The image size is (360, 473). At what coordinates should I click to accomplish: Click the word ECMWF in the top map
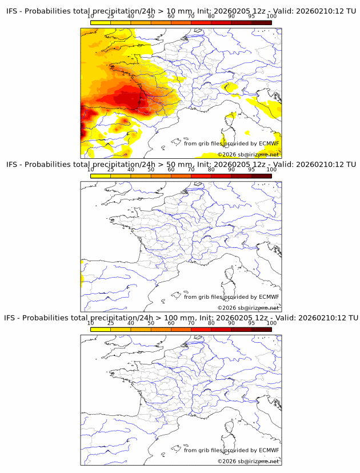point(269,143)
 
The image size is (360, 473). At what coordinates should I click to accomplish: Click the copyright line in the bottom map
point(248,461)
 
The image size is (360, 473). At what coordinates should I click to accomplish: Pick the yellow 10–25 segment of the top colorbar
point(101,23)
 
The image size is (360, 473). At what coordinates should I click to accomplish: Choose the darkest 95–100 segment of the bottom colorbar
point(261,329)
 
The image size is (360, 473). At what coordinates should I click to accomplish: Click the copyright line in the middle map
point(248,308)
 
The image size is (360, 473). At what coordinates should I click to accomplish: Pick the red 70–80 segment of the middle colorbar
point(201,176)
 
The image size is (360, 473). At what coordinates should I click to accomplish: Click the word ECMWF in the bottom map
point(269,450)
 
